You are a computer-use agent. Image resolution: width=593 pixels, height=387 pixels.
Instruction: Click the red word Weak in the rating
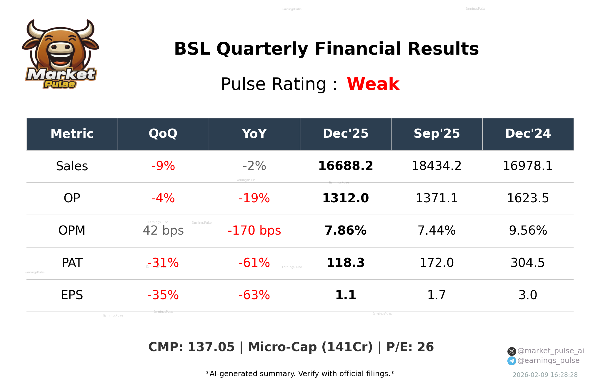click(373, 84)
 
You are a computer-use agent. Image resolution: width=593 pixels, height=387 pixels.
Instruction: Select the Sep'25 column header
click(437, 134)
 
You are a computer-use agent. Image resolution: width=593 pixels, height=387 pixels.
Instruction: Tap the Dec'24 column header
click(528, 134)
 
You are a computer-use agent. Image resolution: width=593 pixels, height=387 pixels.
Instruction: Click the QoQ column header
click(163, 134)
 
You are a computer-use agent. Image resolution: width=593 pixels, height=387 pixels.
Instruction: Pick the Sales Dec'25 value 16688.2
click(345, 166)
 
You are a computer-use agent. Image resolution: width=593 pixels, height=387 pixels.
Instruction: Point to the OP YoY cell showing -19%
click(254, 198)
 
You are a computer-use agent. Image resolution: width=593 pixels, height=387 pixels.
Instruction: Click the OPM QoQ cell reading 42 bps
click(163, 231)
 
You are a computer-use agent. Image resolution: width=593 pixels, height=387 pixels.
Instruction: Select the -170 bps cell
click(254, 231)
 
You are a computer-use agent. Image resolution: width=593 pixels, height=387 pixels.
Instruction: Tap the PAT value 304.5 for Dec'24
click(528, 263)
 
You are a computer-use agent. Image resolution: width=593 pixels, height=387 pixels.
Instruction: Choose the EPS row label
click(72, 295)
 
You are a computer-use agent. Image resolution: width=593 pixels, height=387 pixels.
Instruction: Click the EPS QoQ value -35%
click(163, 295)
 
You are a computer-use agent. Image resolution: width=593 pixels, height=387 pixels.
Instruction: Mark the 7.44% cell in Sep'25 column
click(437, 231)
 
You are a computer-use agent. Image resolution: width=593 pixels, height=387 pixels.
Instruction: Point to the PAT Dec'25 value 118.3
click(345, 263)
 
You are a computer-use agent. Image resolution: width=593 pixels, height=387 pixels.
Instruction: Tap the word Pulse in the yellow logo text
click(60, 84)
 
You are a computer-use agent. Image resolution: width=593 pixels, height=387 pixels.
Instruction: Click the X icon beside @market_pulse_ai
click(512, 351)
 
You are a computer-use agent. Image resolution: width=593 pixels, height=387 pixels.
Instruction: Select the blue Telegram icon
click(512, 361)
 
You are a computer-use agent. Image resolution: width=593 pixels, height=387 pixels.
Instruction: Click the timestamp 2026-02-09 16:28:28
click(545, 375)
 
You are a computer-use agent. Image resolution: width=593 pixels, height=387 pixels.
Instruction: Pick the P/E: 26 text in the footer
click(410, 347)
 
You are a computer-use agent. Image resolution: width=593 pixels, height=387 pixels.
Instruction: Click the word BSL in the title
click(192, 49)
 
